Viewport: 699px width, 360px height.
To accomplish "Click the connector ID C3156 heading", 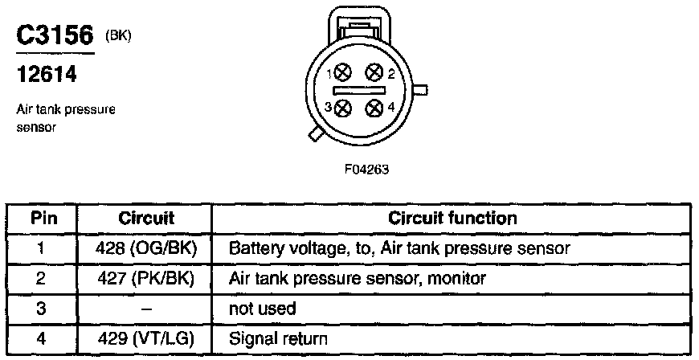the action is click(55, 35).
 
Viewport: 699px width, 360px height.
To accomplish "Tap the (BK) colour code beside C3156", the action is click(118, 36).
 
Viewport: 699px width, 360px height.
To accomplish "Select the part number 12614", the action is click(47, 74).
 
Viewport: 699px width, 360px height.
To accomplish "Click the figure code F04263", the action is click(366, 170).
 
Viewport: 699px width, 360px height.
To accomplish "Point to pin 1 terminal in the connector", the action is click(343, 72).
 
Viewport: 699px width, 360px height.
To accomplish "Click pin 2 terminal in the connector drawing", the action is click(374, 72).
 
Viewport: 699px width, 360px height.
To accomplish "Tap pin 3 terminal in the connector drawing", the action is click(343, 108).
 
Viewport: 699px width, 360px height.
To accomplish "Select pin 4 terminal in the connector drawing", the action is click(374, 108).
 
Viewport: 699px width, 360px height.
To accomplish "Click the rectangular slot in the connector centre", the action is click(359, 91).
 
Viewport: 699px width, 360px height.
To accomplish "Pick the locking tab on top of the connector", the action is click(359, 26).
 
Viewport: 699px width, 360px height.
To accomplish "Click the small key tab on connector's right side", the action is click(420, 90).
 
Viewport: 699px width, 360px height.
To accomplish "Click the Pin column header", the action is click(43, 218).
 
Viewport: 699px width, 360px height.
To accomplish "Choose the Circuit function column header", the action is click(452, 218).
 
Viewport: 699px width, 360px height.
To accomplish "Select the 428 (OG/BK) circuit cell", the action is click(145, 248).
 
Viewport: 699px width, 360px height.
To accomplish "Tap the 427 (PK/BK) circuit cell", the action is click(145, 279).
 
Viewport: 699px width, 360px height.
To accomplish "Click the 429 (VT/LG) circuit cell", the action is click(145, 339).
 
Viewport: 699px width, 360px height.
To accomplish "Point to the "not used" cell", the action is click(262, 309).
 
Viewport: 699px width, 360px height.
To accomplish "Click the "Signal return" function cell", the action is click(278, 339).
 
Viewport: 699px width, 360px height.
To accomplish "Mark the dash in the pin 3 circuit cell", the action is click(145, 309).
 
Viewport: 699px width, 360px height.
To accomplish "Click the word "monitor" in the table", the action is click(456, 279).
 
